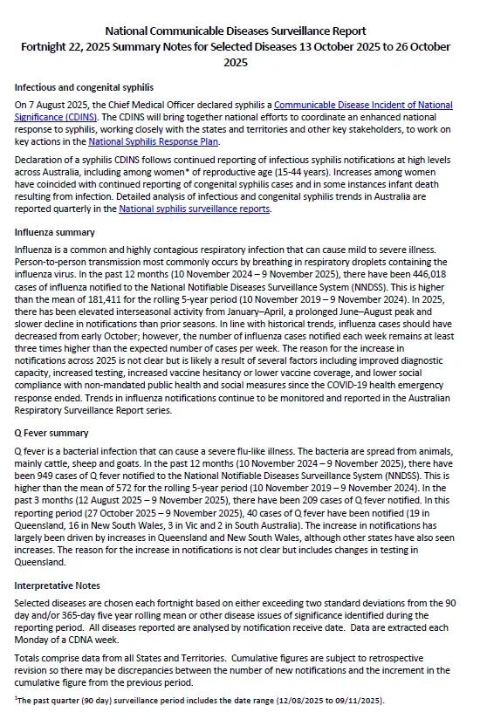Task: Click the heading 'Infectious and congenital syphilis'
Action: pyautogui.click(x=84, y=87)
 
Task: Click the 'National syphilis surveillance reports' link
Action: pyautogui.click(x=194, y=209)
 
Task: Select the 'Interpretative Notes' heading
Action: pyautogui.click(x=57, y=586)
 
